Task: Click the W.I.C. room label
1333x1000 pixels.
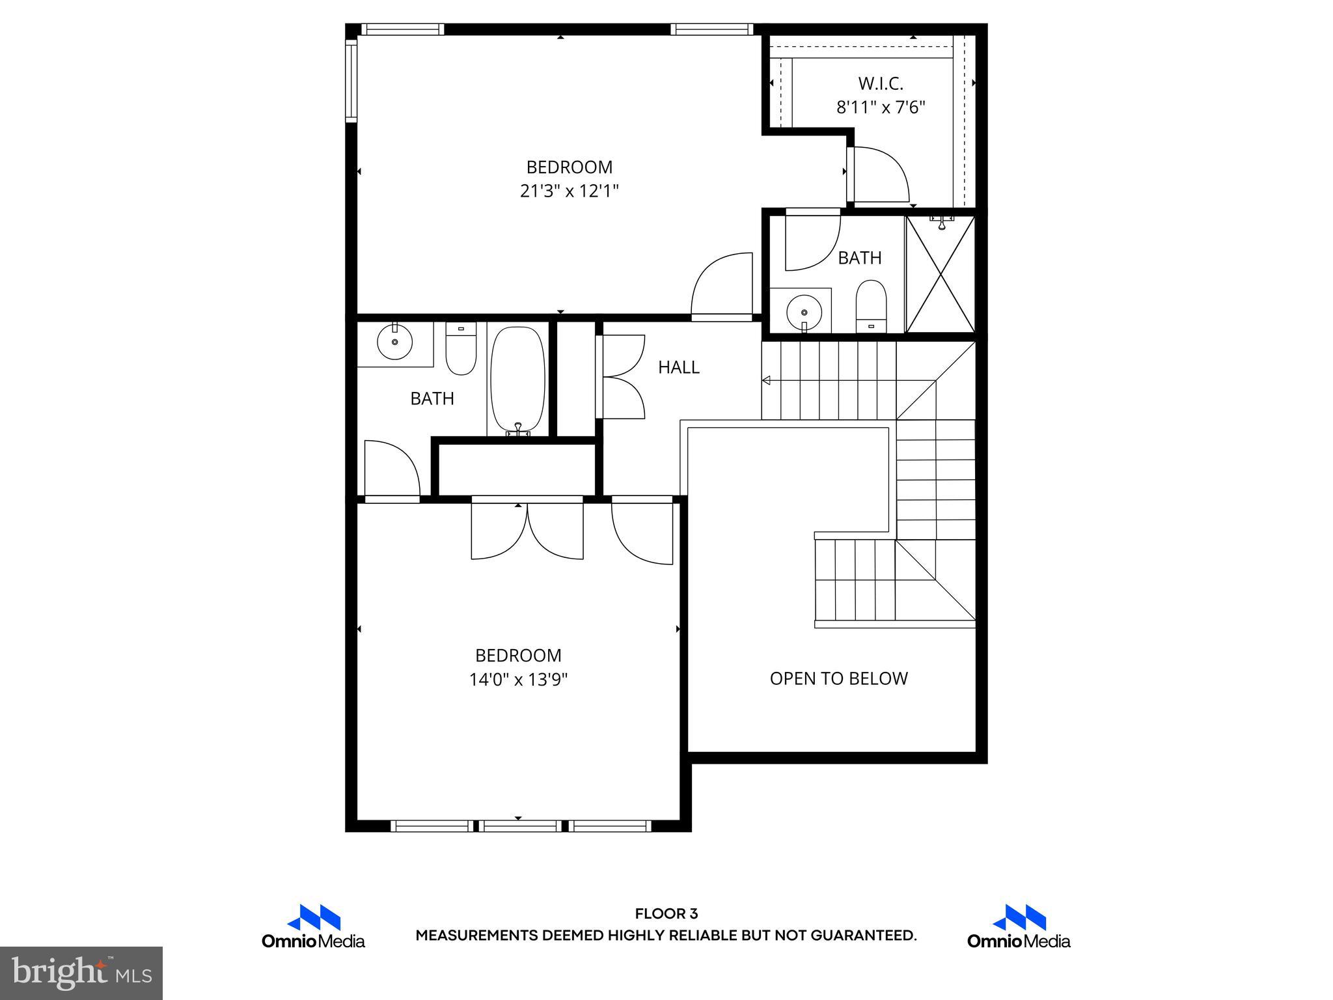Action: click(x=880, y=83)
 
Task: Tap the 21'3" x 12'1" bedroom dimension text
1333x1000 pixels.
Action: click(x=569, y=191)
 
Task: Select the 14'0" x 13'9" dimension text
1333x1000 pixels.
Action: click(x=518, y=680)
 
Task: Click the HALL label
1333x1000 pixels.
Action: click(x=678, y=367)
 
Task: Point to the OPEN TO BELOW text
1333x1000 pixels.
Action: click(x=838, y=678)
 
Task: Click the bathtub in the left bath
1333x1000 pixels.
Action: click(x=517, y=380)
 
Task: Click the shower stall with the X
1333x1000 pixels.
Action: click(x=941, y=275)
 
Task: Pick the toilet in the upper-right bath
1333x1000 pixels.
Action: click(x=871, y=307)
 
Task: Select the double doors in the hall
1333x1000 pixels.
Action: click(x=621, y=376)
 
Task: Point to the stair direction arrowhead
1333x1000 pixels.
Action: click(x=767, y=380)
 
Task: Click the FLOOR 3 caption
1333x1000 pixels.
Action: click(x=666, y=914)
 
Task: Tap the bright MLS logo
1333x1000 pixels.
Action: click(x=81, y=973)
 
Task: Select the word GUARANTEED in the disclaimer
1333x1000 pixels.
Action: click(x=862, y=936)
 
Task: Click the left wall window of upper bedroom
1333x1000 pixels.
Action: click(x=351, y=80)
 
